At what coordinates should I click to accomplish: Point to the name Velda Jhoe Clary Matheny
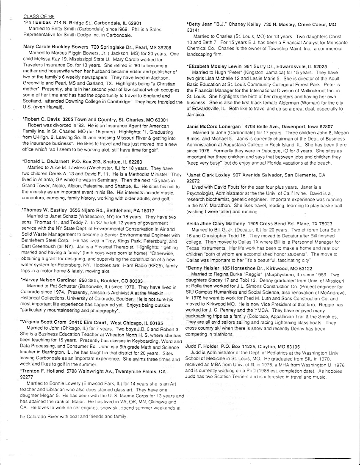(222, 223)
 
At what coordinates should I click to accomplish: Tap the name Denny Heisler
(205, 256)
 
